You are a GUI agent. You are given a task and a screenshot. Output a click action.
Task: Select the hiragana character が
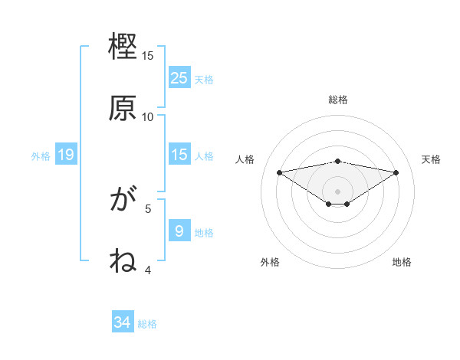click(123, 201)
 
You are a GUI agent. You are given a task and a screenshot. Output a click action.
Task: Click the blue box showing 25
click(179, 77)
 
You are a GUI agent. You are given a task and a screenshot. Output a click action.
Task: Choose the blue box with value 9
click(179, 231)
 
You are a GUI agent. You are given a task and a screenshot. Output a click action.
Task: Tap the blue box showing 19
click(66, 155)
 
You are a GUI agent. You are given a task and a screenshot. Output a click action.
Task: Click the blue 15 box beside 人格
click(179, 155)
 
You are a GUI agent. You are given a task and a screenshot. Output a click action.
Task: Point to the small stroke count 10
click(148, 116)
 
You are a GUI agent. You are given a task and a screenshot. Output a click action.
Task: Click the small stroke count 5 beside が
click(149, 208)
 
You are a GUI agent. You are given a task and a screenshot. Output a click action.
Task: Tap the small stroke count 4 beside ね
click(149, 270)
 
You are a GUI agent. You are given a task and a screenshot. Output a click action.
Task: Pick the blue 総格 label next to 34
click(147, 324)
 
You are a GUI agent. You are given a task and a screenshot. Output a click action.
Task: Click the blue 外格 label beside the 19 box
click(41, 156)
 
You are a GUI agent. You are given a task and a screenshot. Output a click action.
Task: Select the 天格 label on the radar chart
click(431, 159)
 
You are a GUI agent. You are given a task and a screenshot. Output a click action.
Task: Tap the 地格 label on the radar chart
click(402, 262)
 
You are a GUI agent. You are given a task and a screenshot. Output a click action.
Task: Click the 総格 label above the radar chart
click(338, 100)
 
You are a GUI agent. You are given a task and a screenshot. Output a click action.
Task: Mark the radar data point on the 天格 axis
click(396, 172)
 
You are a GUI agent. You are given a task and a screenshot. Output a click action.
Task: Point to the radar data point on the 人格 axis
click(280, 172)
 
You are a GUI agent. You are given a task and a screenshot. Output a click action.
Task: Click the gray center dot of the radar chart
click(338, 191)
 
